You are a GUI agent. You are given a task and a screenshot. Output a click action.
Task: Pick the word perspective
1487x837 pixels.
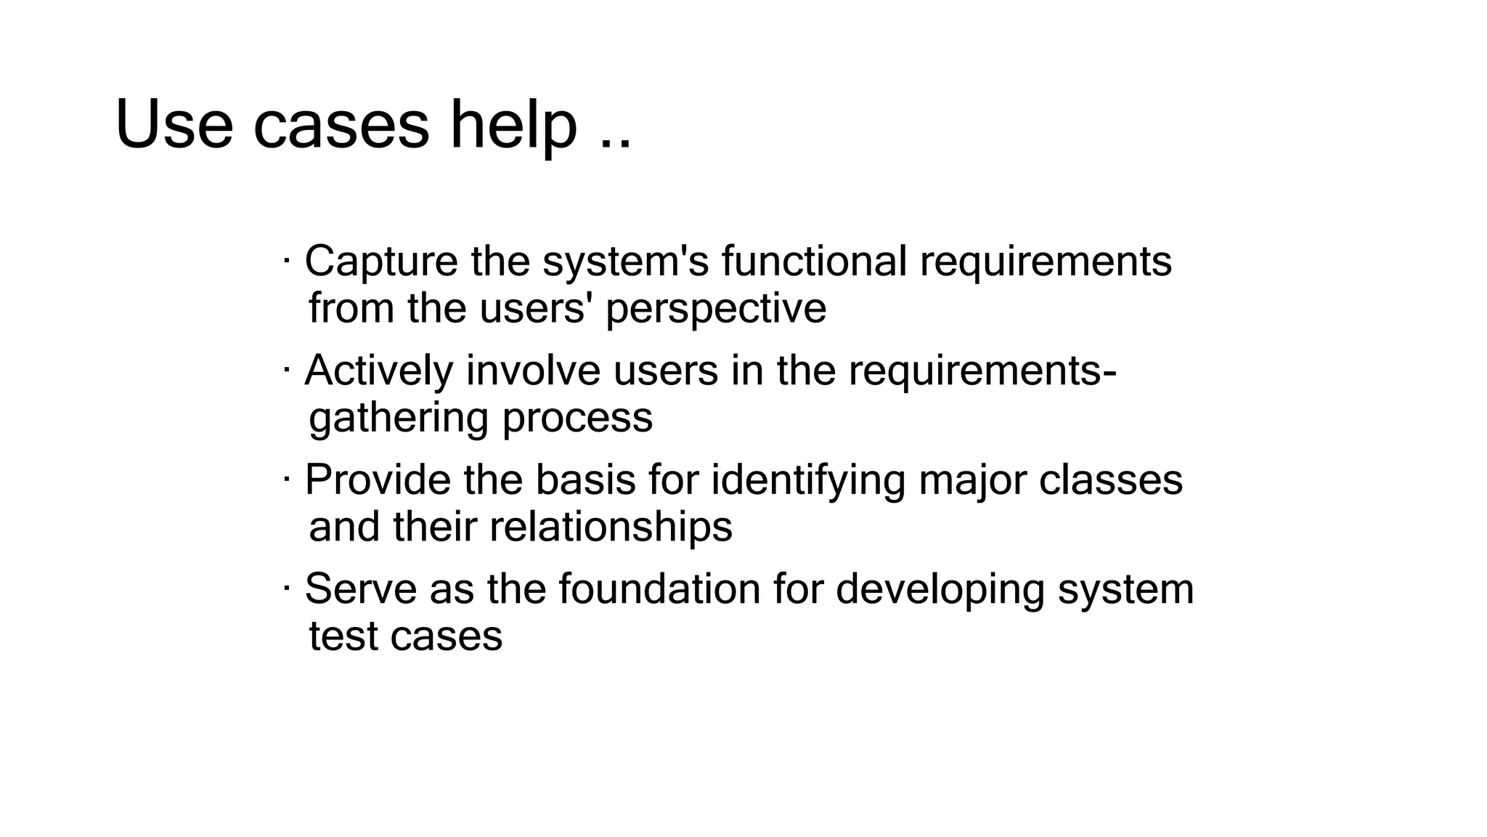[716, 309]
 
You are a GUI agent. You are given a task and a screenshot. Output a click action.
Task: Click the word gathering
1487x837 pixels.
[399, 418]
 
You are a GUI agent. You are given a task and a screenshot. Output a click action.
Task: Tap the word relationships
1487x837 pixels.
[611, 527]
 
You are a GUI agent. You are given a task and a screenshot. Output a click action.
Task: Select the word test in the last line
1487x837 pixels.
[343, 636]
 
